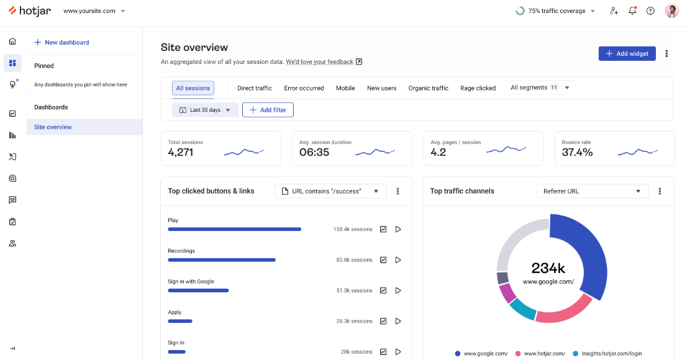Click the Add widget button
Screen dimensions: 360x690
point(627,54)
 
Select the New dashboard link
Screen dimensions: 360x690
point(61,42)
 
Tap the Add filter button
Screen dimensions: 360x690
point(268,110)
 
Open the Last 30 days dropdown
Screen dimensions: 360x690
point(205,110)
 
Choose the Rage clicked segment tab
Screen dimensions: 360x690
point(478,88)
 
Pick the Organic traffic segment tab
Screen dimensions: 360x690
point(428,88)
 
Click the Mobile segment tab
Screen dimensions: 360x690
point(345,88)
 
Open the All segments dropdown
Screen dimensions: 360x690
point(540,88)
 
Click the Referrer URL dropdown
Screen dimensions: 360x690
point(592,191)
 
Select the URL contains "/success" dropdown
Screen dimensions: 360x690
point(330,191)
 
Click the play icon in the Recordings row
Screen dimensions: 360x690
point(398,260)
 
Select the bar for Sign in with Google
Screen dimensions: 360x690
point(198,290)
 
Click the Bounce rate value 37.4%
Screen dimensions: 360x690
point(577,152)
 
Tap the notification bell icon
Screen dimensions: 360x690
point(632,11)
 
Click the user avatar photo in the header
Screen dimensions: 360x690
point(671,11)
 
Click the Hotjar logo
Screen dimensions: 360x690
point(30,11)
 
